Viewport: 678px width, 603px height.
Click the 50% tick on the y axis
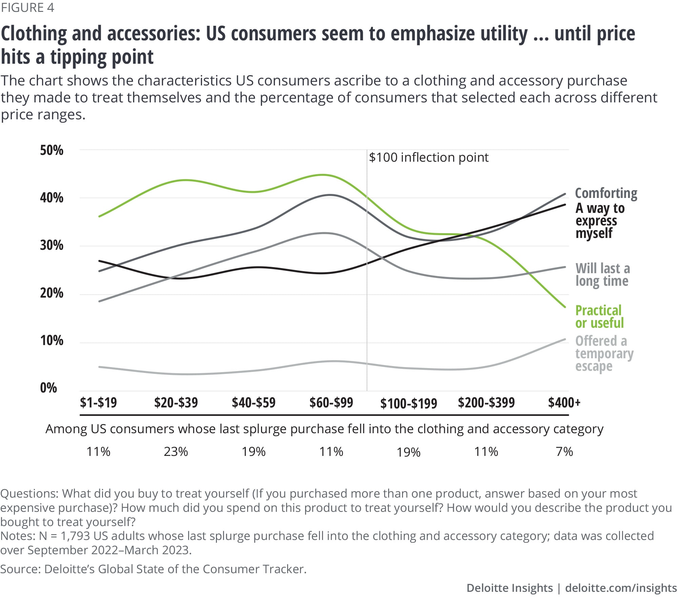tap(52, 150)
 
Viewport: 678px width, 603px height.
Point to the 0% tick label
tap(48, 388)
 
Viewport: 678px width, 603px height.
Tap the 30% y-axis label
tap(52, 245)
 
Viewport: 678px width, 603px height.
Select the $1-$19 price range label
tap(98, 403)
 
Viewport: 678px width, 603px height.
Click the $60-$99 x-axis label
tap(331, 403)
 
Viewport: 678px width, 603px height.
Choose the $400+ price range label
tap(564, 403)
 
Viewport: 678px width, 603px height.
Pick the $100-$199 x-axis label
tap(408, 403)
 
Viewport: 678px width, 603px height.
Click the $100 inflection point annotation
tap(428, 158)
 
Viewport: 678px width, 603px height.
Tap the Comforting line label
tap(606, 193)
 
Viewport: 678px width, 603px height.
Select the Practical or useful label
tap(599, 317)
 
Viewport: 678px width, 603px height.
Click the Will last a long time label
tap(602, 275)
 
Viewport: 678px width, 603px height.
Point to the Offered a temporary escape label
tap(604, 354)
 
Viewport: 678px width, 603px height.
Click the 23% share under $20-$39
tap(176, 452)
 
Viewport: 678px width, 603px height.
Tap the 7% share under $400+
tap(564, 452)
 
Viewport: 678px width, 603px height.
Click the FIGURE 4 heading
tap(27, 7)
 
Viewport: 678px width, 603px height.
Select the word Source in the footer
tap(20, 569)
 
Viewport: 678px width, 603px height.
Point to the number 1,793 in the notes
tap(75, 536)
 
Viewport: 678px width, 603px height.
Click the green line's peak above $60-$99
tap(324, 175)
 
